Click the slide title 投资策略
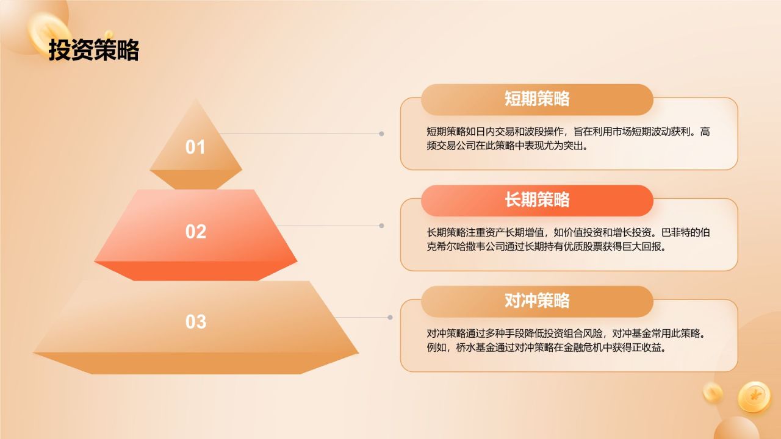tap(94, 50)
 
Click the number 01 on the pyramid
tap(195, 147)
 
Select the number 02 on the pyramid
tap(196, 231)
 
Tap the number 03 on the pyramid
tap(196, 321)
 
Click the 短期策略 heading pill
tap(537, 99)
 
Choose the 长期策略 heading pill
tap(537, 200)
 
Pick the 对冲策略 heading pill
tap(537, 301)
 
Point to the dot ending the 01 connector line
tap(381, 134)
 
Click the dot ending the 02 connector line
tap(381, 226)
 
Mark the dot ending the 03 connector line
tap(390, 317)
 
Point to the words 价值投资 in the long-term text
tap(580, 233)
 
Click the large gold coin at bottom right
tap(754, 396)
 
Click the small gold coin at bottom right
tap(712, 391)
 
